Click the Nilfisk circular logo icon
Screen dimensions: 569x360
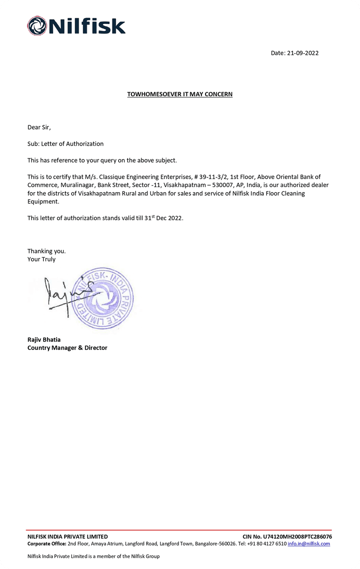click(37, 26)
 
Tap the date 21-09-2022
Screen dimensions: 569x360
click(303, 53)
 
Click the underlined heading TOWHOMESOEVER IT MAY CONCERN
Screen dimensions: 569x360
click(180, 94)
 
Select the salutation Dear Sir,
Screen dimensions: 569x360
click(39, 127)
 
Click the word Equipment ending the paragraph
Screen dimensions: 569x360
click(43, 201)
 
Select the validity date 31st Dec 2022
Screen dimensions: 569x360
click(163, 218)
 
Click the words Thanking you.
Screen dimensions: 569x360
click(47, 251)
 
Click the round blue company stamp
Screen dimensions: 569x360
click(103, 298)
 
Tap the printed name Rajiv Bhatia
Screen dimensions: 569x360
click(44, 339)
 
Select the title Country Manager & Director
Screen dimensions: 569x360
click(67, 348)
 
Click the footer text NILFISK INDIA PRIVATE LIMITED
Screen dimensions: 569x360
click(67, 537)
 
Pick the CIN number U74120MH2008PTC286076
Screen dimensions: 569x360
click(297, 537)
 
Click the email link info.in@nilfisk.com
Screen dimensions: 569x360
click(309, 544)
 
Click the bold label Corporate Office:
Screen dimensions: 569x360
click(47, 544)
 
